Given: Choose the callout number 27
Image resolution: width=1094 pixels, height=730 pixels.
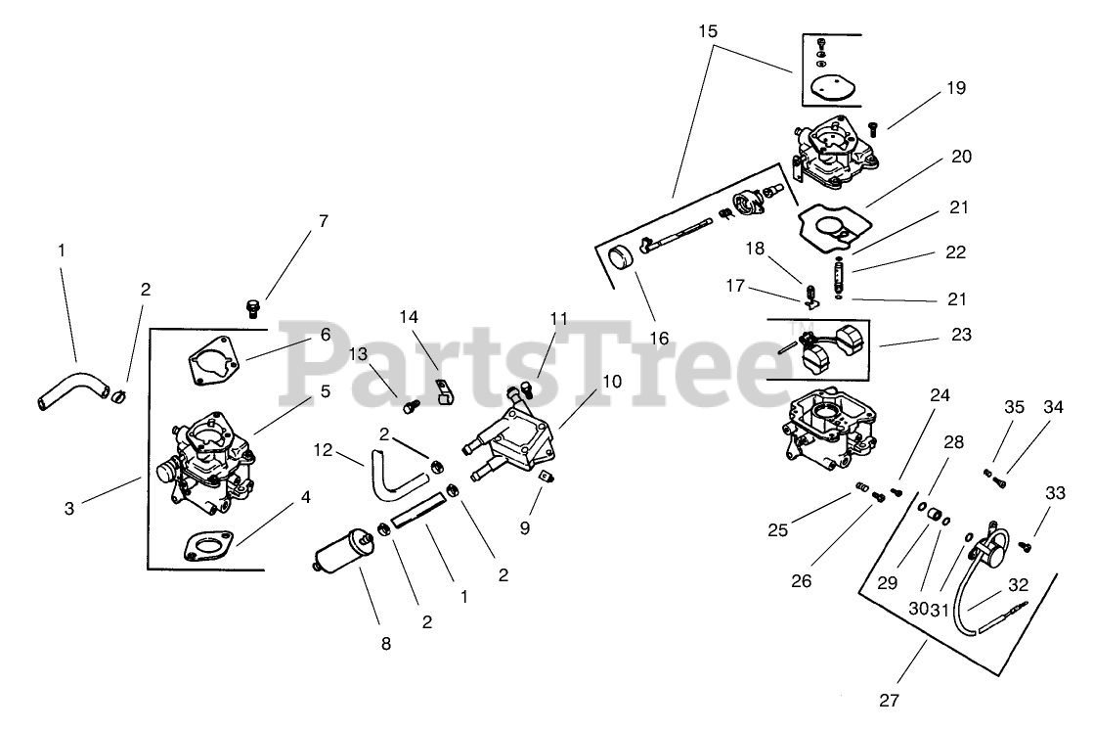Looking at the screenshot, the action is click(x=889, y=700).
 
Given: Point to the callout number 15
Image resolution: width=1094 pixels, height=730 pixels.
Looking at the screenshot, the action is click(x=709, y=32).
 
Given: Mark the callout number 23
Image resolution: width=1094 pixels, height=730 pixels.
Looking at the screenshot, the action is click(x=962, y=335).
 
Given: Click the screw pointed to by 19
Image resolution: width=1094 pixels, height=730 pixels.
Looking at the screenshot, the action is click(x=873, y=127).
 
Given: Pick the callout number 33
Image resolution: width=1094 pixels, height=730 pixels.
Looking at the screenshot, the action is click(x=1055, y=494).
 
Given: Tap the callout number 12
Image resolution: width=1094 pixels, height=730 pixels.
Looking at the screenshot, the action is click(x=325, y=450).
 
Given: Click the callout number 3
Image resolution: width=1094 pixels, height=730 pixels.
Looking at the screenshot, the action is click(x=69, y=508).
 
